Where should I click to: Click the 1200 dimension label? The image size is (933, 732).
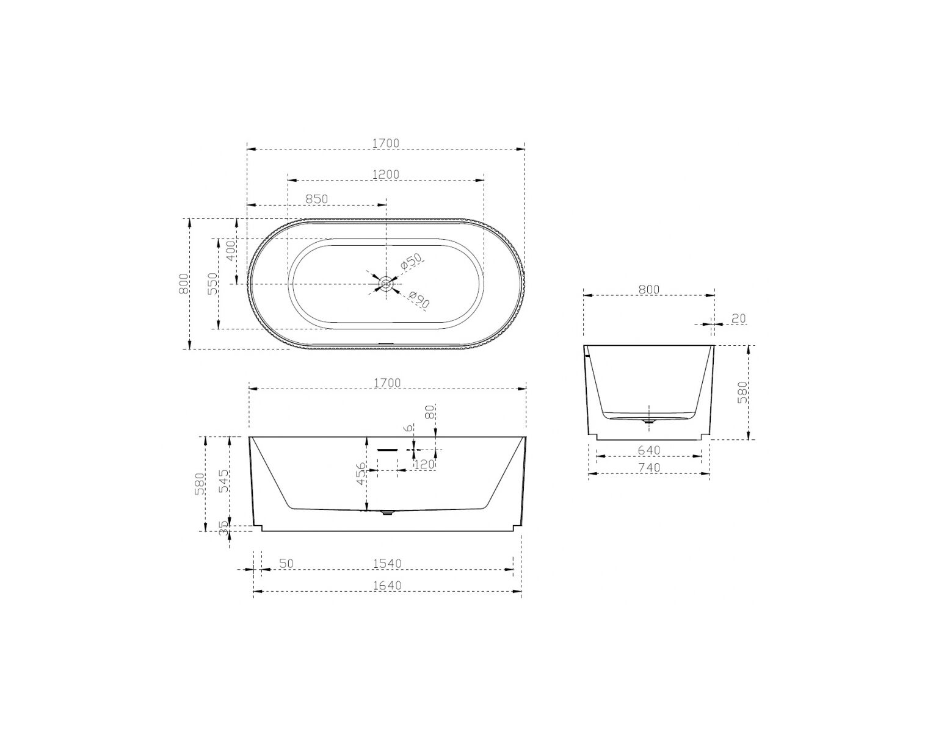(385, 174)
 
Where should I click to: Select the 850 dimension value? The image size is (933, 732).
(316, 199)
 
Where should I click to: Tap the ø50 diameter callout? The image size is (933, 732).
(412, 262)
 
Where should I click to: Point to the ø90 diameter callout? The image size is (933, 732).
(419, 300)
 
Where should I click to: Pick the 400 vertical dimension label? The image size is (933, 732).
(231, 251)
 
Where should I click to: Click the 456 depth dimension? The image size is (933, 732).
(361, 473)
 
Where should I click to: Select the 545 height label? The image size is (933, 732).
(224, 481)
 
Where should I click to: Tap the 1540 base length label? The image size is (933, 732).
(387, 563)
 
